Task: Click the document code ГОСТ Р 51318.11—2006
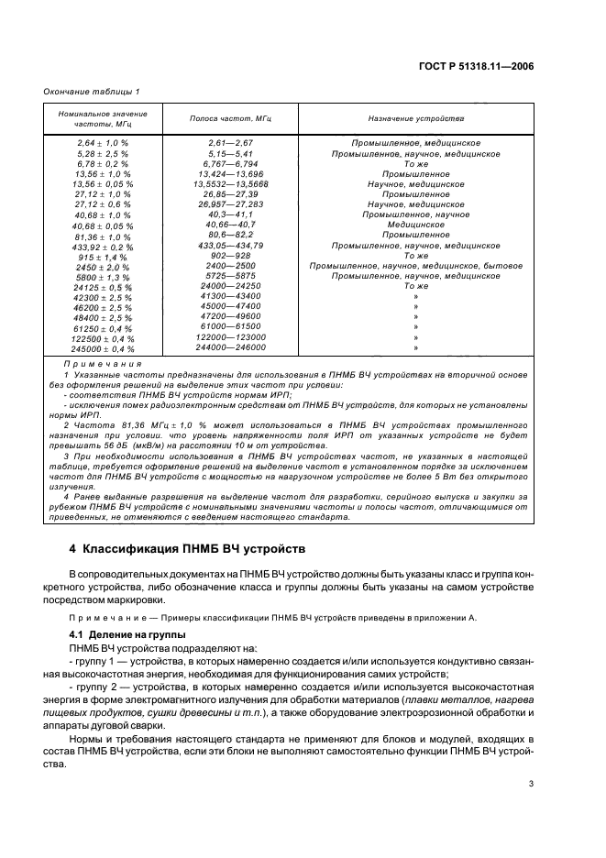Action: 475,67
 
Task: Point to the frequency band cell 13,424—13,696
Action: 231,174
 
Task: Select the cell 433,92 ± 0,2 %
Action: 103,246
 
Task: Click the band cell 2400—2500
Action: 231,266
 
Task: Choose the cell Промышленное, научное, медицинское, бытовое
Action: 415,266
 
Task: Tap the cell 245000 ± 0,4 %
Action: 103,348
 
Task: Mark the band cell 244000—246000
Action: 231,347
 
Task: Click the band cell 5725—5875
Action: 231,276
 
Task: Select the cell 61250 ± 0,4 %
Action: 103,328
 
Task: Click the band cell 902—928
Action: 231,256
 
